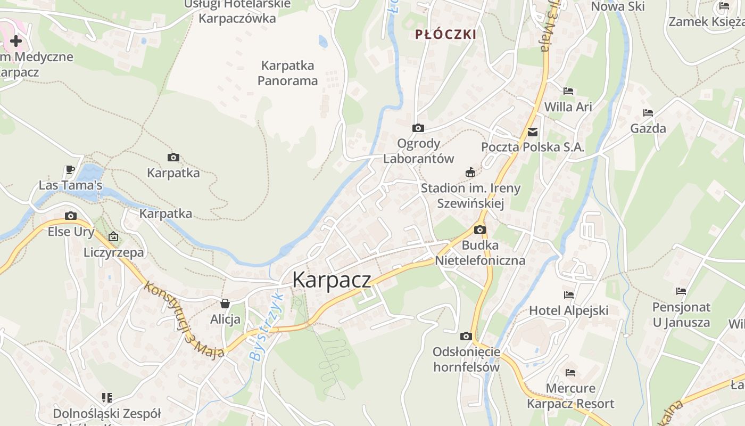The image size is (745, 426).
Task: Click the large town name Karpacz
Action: coord(332,280)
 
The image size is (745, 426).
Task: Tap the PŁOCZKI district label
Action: coord(445,35)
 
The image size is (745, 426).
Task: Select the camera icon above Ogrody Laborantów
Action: coord(418,128)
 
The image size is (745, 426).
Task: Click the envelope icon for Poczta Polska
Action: coord(533,132)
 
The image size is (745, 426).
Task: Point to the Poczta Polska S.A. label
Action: coord(533,147)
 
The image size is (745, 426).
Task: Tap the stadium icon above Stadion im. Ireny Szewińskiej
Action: coord(470,172)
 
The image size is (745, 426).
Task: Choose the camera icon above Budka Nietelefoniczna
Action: coord(480,230)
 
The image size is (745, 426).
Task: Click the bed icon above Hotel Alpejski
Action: coord(569,294)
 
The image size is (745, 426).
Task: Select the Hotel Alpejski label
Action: coord(569,310)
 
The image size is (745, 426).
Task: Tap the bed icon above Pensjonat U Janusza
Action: coord(681,291)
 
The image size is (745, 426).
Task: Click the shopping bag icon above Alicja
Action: coord(225,304)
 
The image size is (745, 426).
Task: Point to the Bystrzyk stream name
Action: coord(265,326)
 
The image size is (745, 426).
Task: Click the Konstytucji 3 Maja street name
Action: coord(184,319)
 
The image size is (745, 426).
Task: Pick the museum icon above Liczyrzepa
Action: coord(113,236)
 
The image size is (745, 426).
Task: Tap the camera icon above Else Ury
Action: coord(71,216)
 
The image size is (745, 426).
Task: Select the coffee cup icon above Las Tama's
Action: coord(70,169)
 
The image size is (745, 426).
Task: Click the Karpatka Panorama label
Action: coord(288,73)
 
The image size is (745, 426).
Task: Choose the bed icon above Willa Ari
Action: coord(568,91)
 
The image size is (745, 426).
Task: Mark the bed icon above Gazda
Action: coord(648,112)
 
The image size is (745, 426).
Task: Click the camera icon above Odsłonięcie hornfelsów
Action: coord(466,336)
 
